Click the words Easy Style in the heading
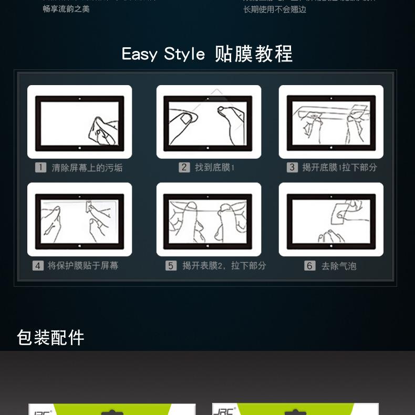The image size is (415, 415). tap(163, 54)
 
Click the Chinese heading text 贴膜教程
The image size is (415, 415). tap(254, 54)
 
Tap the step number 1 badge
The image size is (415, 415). tap(40, 168)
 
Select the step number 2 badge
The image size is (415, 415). tap(184, 167)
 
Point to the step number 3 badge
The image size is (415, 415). tap(292, 167)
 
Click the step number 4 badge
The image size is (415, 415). tap(38, 266)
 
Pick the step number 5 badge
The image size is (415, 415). tap(171, 266)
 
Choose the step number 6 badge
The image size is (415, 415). tap(309, 266)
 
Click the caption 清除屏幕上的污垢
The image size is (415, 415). tap(87, 168)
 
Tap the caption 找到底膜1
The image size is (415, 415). tap(214, 167)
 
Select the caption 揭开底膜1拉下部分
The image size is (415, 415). tap(339, 167)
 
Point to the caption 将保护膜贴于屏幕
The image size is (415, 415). tap(82, 266)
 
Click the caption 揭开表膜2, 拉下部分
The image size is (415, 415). tap(224, 266)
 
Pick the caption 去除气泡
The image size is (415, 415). tap(338, 266)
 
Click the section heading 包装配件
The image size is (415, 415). tap(50, 337)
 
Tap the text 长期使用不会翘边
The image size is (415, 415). tap(274, 9)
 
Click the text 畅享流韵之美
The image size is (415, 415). tap(66, 9)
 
